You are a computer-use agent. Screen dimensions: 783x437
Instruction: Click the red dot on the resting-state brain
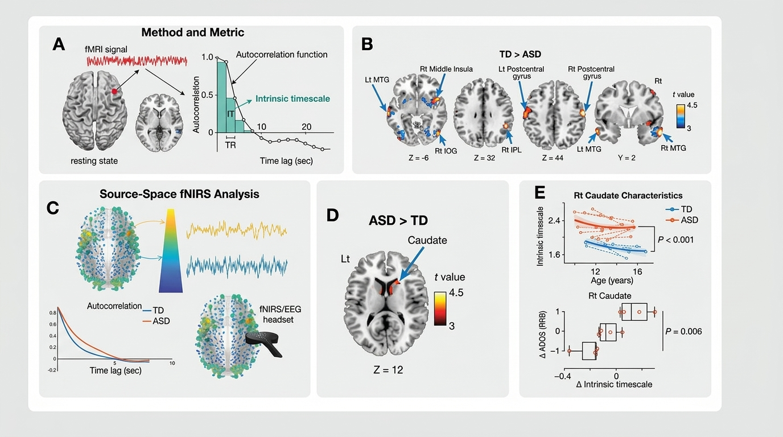coord(114,92)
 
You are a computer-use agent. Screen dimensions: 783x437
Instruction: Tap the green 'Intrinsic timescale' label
coord(292,99)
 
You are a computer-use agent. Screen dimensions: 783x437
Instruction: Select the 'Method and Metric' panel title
coord(192,32)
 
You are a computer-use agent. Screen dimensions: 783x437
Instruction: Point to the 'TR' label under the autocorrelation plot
coord(230,145)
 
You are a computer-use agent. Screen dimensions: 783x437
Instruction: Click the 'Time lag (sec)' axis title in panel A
coord(286,161)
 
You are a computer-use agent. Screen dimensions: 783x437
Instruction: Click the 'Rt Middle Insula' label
coord(446,69)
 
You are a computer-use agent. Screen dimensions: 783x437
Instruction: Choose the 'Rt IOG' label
coord(446,151)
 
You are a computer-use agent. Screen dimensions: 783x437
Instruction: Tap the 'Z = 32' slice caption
coord(484,158)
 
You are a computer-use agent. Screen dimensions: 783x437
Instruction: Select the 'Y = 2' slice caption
coord(627,158)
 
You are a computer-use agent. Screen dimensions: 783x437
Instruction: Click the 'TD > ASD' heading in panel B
coord(520,55)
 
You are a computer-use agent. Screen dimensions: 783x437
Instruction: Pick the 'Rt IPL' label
coord(512,150)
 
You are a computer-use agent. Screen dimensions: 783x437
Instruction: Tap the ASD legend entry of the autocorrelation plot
coord(156,321)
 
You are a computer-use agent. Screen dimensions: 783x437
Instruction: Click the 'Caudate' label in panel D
coord(427,241)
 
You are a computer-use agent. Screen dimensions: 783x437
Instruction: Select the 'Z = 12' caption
coord(388,370)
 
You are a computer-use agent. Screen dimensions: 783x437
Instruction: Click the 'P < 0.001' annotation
coord(675,240)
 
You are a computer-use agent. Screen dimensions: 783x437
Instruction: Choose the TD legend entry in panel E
coord(679,209)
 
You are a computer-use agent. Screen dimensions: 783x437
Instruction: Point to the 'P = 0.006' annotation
coord(683,331)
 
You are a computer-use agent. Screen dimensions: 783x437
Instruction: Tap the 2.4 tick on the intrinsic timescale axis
coord(554,221)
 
